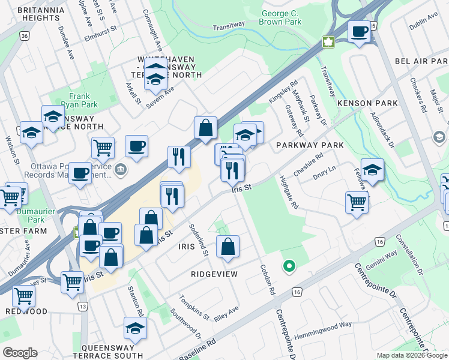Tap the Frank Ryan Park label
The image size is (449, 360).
pos(79,100)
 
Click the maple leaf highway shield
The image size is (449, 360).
pos(328,42)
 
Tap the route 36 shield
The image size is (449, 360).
pos(24,36)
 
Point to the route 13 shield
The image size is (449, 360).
pos(82,307)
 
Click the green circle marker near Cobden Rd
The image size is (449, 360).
pos(289,265)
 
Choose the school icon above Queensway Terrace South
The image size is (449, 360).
pos(135,328)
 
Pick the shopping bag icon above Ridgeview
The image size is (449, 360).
pos(228,246)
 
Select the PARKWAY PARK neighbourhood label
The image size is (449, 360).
pos(310,145)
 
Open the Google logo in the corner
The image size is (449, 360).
pos(19,352)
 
